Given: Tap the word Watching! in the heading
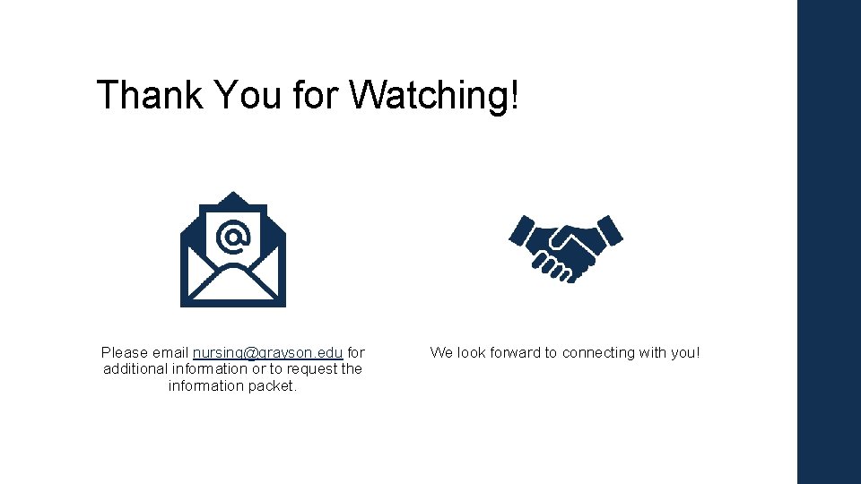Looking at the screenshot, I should [x=434, y=95].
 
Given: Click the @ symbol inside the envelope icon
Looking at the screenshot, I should [x=233, y=237].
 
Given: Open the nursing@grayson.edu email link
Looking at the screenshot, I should [x=268, y=352].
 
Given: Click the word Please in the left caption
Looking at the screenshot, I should [x=124, y=352].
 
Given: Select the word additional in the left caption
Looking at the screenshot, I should [x=135, y=368].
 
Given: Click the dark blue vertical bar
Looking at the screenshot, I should [x=829, y=242].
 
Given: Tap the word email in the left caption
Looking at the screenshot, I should [x=170, y=352].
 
